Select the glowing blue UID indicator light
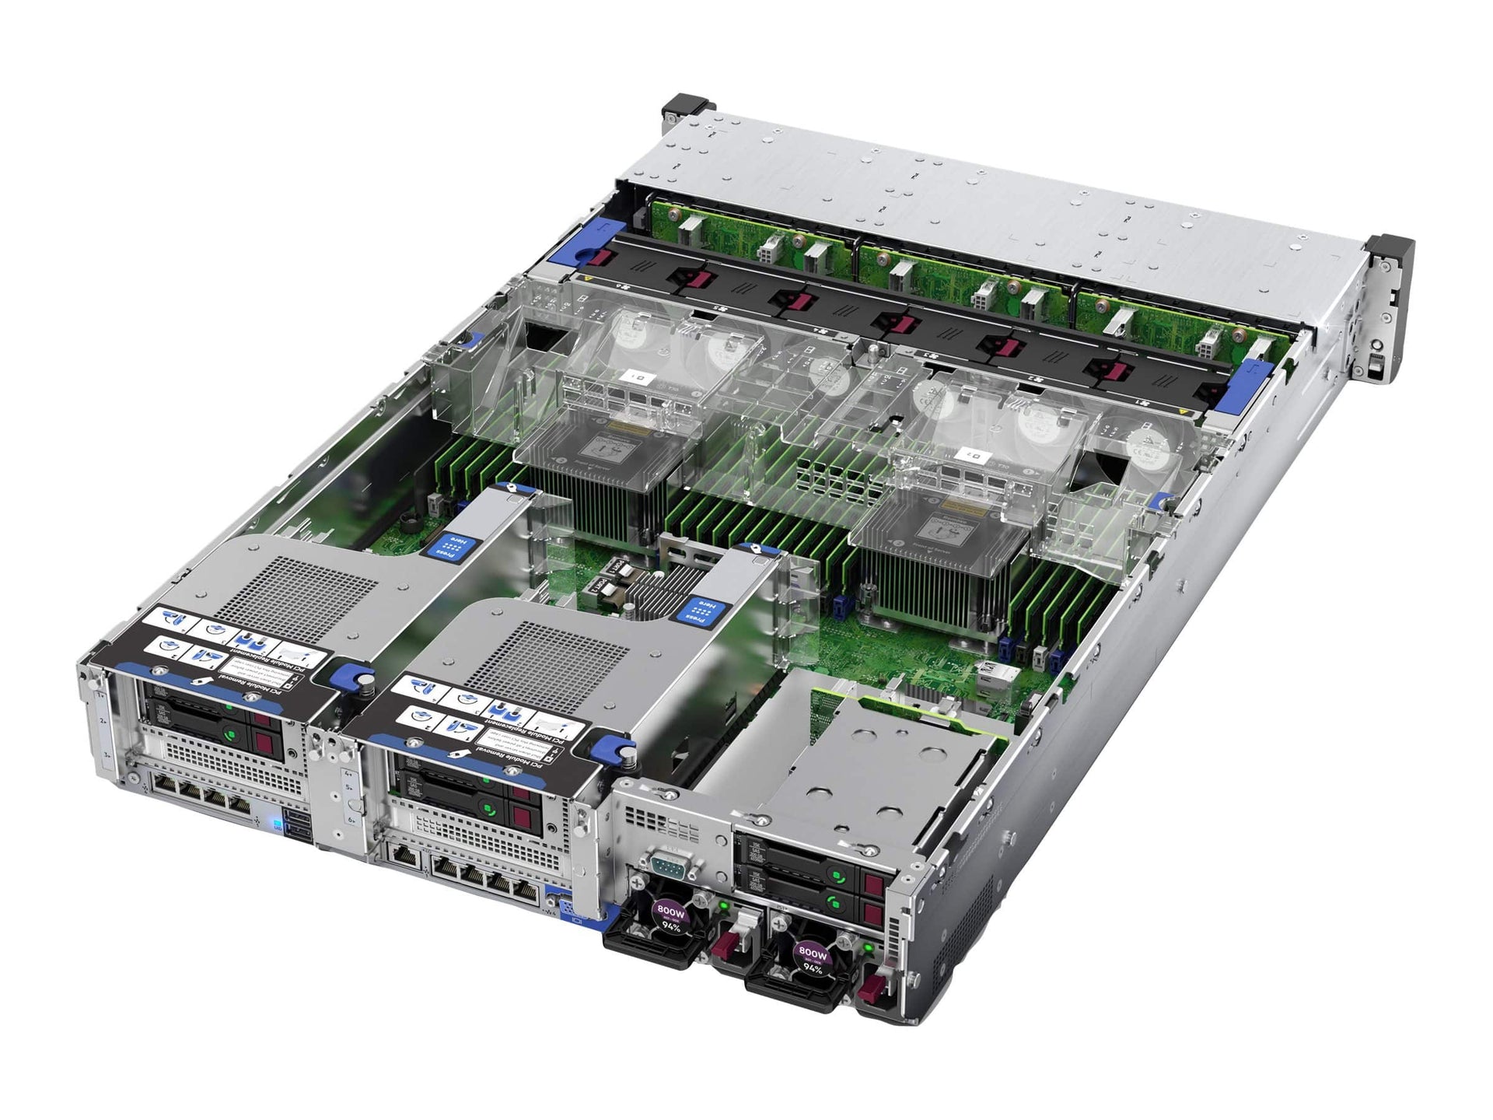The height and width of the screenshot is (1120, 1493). [x=275, y=824]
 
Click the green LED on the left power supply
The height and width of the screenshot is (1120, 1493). [x=723, y=905]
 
